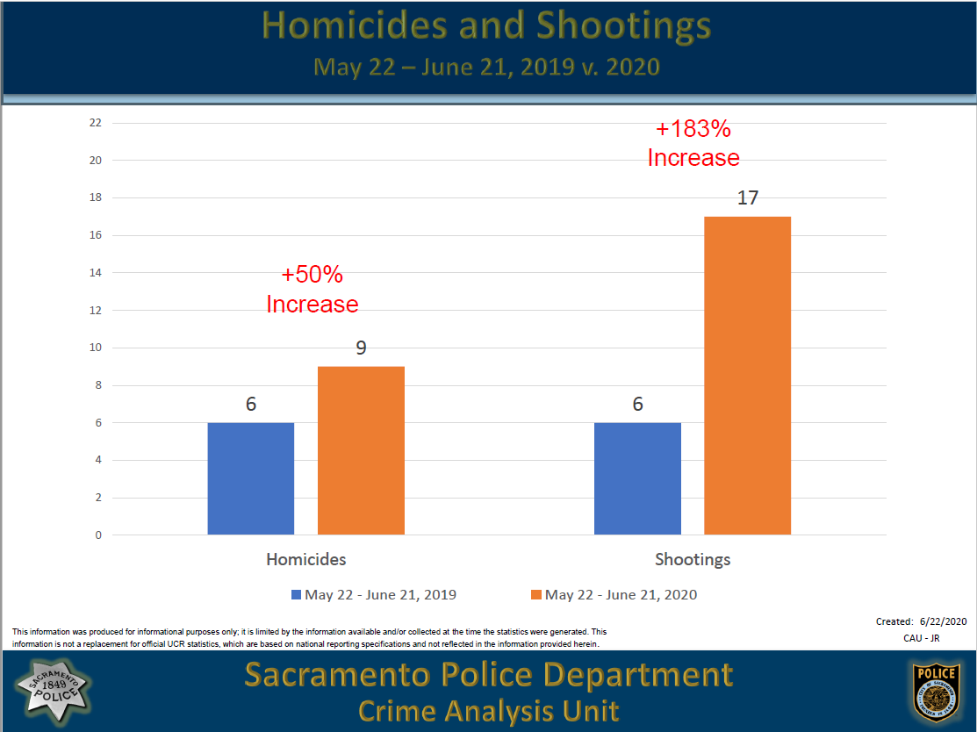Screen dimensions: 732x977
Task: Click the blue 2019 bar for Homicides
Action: (x=250, y=478)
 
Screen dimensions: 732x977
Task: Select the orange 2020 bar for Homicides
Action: (x=361, y=450)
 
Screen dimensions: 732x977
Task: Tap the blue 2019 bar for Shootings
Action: (x=637, y=478)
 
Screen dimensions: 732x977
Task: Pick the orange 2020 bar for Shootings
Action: (x=747, y=375)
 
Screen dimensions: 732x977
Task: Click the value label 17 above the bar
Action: (x=747, y=197)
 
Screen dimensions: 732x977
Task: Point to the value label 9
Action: (x=361, y=348)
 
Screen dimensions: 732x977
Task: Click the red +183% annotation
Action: (x=693, y=129)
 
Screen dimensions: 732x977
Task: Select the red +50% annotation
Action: (x=312, y=275)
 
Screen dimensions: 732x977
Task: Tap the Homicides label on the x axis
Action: (x=306, y=559)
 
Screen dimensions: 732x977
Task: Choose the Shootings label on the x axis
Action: (x=693, y=559)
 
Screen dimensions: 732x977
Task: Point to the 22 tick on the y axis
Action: (x=96, y=123)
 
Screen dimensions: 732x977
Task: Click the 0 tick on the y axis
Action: (x=98, y=535)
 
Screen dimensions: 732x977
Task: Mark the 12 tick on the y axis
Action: (x=96, y=310)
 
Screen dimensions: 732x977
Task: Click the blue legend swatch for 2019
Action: (x=297, y=595)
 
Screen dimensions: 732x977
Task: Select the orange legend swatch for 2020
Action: (x=536, y=595)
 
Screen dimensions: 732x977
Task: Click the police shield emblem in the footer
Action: (x=934, y=691)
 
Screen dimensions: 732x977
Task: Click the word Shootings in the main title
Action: (x=623, y=26)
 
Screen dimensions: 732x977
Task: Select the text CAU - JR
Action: (x=921, y=638)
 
